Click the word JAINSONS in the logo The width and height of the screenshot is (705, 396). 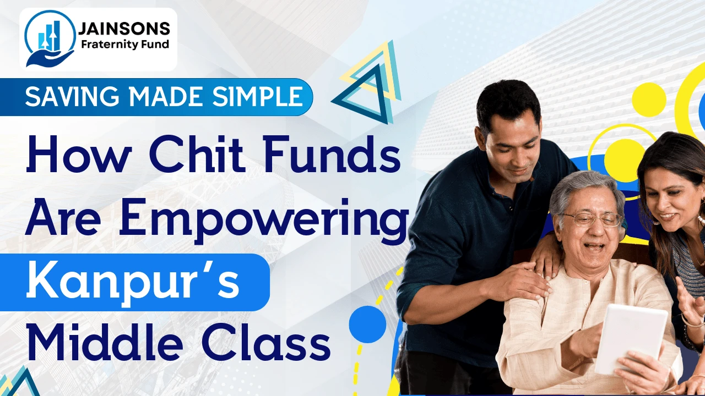(124, 29)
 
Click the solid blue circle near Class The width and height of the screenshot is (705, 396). (367, 324)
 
